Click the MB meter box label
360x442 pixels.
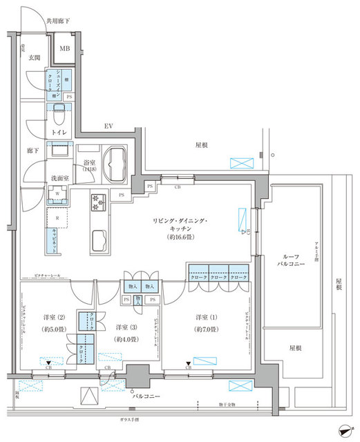click(x=64, y=48)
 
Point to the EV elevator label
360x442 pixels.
click(x=108, y=126)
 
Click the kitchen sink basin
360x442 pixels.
click(x=97, y=239)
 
